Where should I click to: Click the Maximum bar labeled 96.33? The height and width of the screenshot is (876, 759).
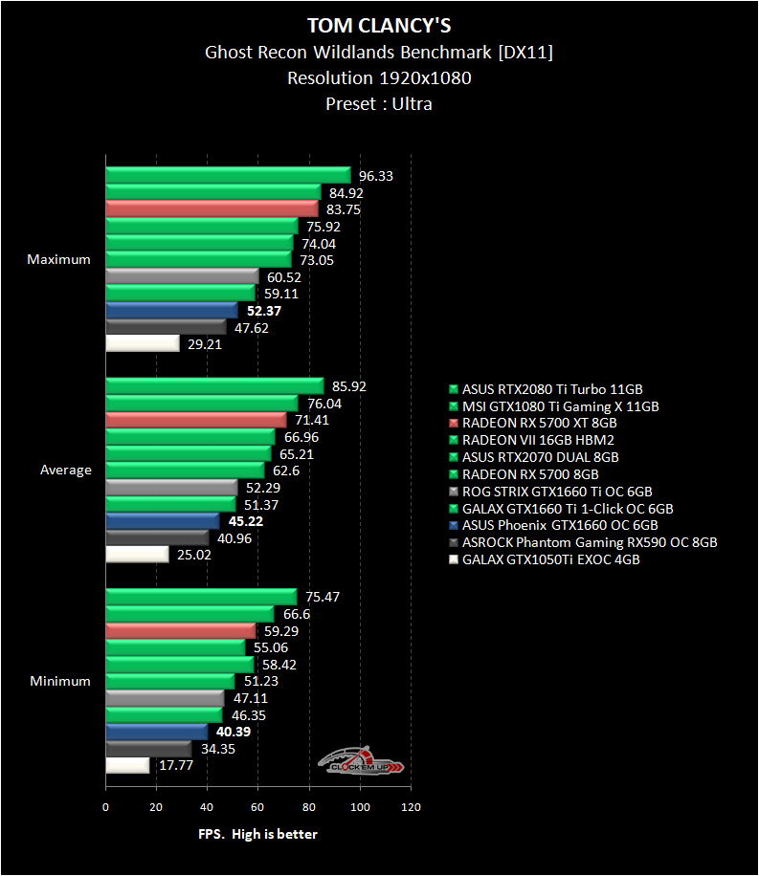click(x=228, y=175)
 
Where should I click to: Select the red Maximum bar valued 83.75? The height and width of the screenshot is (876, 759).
click(x=212, y=208)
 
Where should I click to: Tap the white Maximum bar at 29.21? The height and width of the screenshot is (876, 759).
click(x=143, y=343)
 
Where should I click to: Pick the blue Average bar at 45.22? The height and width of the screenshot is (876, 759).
click(x=163, y=521)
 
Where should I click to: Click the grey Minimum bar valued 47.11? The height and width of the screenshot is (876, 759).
click(x=165, y=698)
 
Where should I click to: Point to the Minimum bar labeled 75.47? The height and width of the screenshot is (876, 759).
click(x=201, y=597)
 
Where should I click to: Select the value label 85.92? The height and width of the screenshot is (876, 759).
click(x=349, y=387)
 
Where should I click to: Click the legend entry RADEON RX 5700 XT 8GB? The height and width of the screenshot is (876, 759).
click(x=539, y=423)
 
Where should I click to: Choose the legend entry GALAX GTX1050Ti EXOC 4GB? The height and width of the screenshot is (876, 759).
click(x=550, y=560)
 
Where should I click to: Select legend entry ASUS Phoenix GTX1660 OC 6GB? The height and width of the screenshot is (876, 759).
click(x=559, y=526)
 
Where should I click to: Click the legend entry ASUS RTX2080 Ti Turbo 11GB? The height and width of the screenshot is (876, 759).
click(x=552, y=389)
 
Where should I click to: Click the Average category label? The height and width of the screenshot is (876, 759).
click(x=66, y=471)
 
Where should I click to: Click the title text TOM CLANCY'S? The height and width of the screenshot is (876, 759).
click(x=379, y=24)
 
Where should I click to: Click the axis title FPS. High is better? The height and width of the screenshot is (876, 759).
click(x=257, y=835)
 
